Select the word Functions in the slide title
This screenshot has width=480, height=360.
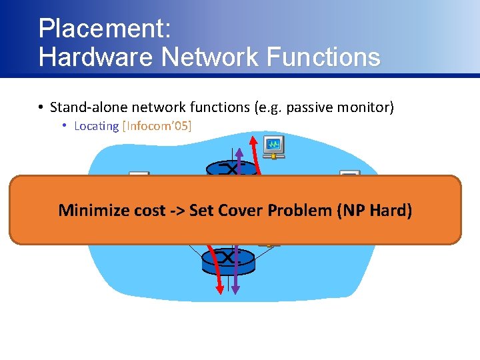click(x=323, y=57)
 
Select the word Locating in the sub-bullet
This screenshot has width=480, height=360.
click(x=96, y=126)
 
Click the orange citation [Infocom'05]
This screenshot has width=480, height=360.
click(x=157, y=126)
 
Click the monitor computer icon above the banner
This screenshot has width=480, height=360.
click(x=273, y=147)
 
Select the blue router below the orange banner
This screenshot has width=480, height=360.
click(x=228, y=260)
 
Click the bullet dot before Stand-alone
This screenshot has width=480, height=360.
click(x=41, y=107)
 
